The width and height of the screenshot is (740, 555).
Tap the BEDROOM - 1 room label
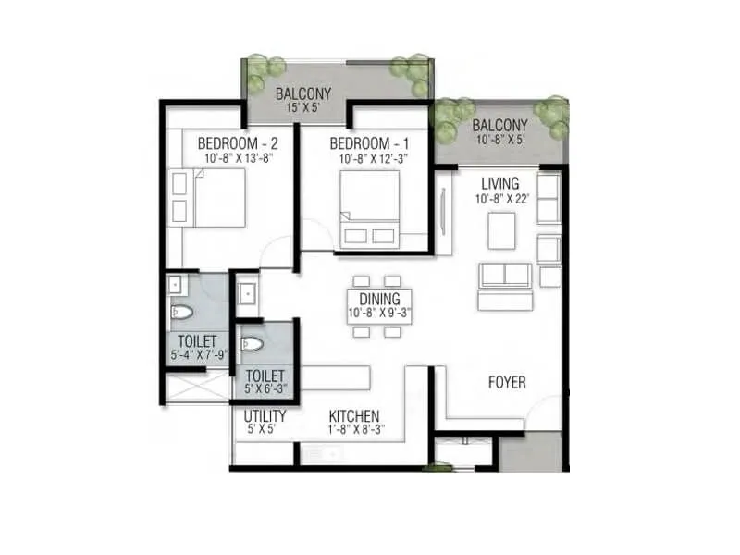pyautogui.click(x=368, y=143)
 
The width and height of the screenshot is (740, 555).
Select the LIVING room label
pyautogui.click(x=499, y=183)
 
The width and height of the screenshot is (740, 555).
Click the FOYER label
pyautogui.click(x=507, y=382)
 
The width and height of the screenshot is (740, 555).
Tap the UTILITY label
pyautogui.click(x=265, y=416)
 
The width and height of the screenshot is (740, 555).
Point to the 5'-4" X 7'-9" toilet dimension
pyautogui.click(x=196, y=355)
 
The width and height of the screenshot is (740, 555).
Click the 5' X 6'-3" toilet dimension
pyautogui.click(x=265, y=389)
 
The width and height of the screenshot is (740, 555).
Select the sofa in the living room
pyautogui.click(x=504, y=285)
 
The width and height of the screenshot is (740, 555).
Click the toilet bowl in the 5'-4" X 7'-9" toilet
pyautogui.click(x=182, y=313)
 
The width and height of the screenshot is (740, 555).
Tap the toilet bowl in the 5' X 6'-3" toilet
pyautogui.click(x=253, y=344)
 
